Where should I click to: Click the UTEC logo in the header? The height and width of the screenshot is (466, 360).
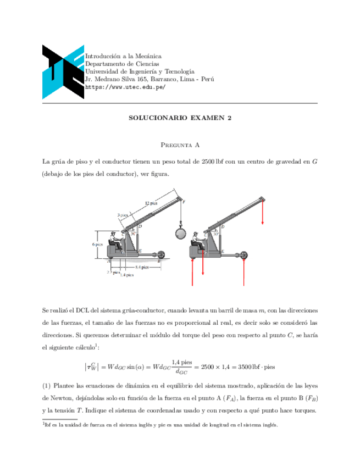[x=63, y=71]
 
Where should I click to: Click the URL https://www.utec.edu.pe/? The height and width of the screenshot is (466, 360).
[x=125, y=87]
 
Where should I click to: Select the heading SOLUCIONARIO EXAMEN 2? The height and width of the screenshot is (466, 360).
[x=180, y=118]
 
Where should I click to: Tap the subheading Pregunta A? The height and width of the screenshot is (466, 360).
[x=180, y=145]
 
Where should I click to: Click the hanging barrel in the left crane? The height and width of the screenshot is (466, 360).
[x=180, y=232]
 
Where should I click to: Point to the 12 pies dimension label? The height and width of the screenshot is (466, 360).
[x=151, y=203]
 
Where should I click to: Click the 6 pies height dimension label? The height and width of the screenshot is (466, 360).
[x=98, y=244]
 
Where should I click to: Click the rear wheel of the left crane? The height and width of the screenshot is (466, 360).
[x=160, y=255]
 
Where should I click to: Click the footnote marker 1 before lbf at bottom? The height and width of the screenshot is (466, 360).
[x=43, y=423]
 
